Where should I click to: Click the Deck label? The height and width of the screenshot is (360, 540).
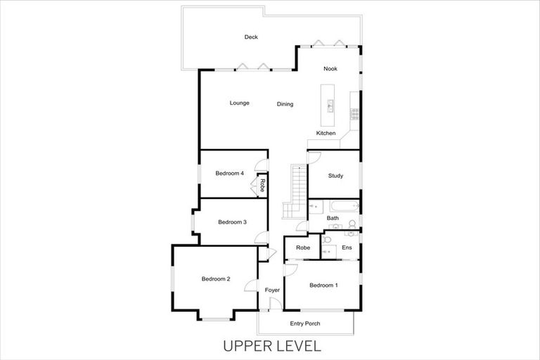pyautogui.click(x=252, y=37)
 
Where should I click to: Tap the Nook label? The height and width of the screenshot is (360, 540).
pyautogui.click(x=330, y=69)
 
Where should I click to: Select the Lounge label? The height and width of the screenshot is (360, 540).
pyautogui.click(x=239, y=103)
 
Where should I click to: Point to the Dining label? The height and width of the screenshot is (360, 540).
pyautogui.click(x=285, y=105)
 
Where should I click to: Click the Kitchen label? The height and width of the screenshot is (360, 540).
pyautogui.click(x=326, y=134)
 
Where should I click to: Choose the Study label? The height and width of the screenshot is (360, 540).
pyautogui.click(x=335, y=176)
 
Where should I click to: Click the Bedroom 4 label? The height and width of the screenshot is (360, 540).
pyautogui.click(x=229, y=173)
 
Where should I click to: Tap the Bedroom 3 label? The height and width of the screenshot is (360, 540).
pyautogui.click(x=232, y=222)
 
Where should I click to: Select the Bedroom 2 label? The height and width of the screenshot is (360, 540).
pyautogui.click(x=216, y=279)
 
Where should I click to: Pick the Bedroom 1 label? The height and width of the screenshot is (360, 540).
pyautogui.click(x=323, y=285)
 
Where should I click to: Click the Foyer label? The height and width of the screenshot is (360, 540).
pyautogui.click(x=271, y=290)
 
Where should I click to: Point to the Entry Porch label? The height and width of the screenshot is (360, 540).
pyautogui.click(x=305, y=323)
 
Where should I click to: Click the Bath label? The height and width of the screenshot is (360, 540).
pyautogui.click(x=333, y=219)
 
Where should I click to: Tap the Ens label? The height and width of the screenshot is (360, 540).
pyautogui.click(x=347, y=248)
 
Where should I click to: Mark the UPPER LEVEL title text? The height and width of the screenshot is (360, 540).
pyautogui.click(x=271, y=346)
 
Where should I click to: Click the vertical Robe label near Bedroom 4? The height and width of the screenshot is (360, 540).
pyautogui.click(x=262, y=186)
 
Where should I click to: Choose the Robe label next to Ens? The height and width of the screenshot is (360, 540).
pyautogui.click(x=303, y=248)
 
